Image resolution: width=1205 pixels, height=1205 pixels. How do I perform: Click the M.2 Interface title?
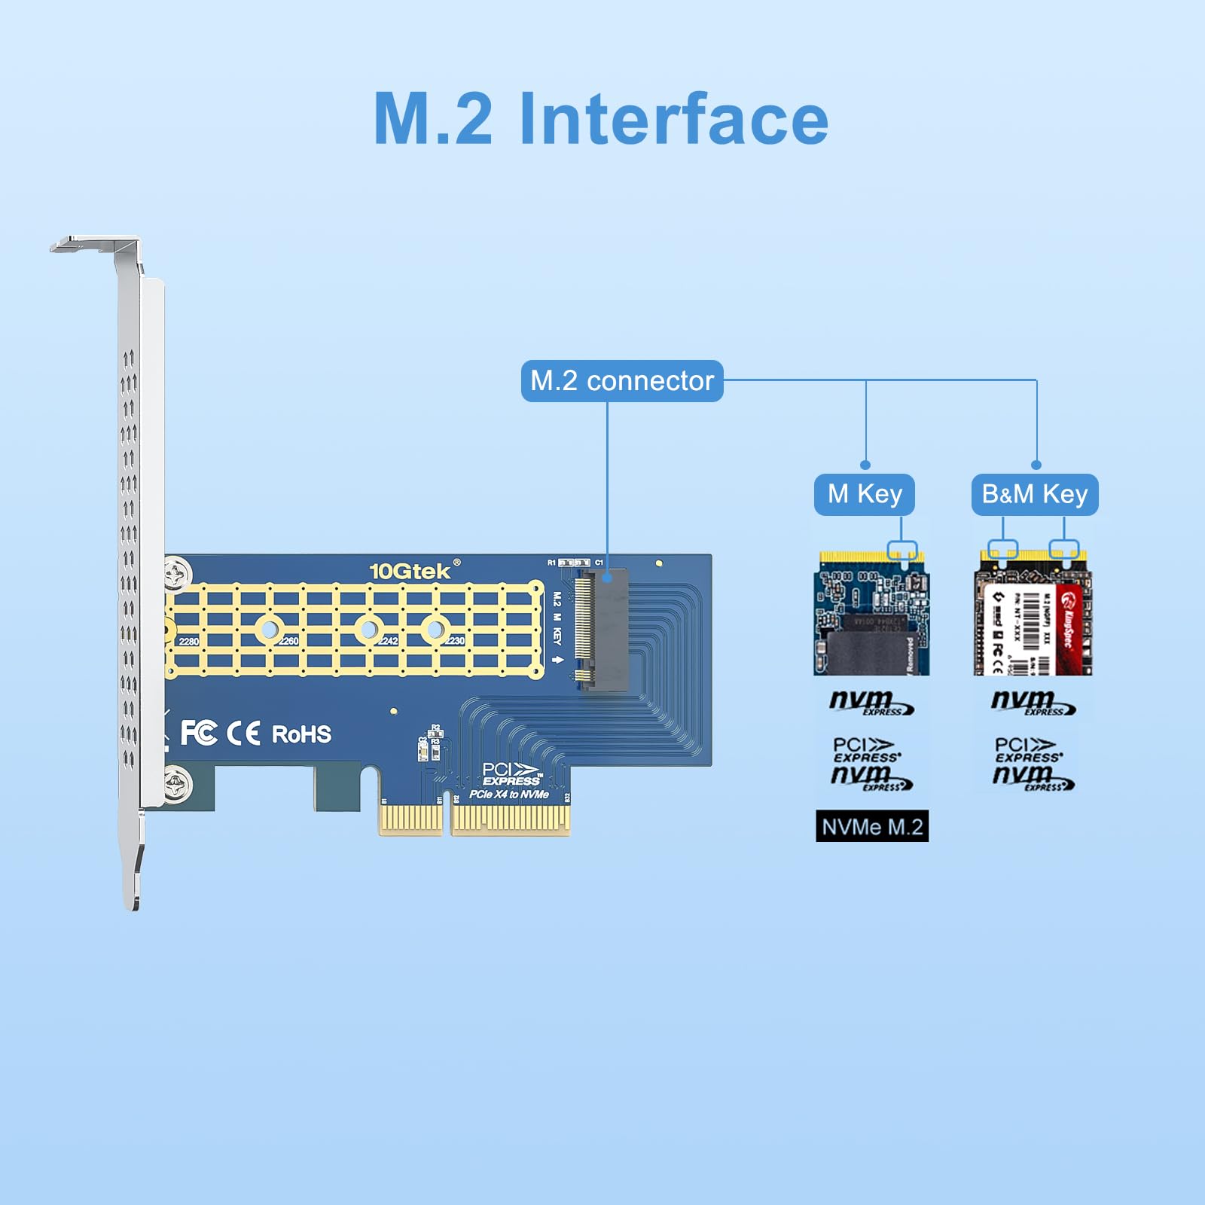[601, 119]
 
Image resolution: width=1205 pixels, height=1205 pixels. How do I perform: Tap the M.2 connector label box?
[622, 381]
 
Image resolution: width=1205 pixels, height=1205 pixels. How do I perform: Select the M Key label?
[865, 495]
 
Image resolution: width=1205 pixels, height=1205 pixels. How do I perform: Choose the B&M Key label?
[1035, 495]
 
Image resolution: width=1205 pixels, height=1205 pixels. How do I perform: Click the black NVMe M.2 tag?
[872, 826]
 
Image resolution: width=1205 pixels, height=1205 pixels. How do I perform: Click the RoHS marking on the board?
[301, 734]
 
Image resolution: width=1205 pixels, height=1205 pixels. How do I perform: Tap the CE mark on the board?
[243, 734]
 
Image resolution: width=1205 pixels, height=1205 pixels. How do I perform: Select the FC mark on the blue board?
[199, 733]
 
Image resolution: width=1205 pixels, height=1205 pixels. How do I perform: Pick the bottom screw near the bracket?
[178, 784]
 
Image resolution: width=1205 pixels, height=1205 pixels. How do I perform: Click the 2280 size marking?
[188, 642]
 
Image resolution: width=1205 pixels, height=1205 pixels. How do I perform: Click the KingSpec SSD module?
[1033, 612]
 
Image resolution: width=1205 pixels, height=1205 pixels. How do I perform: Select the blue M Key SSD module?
[872, 612]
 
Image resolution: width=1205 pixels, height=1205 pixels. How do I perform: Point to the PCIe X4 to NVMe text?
[509, 795]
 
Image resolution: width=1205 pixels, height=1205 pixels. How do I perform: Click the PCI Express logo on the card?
[511, 773]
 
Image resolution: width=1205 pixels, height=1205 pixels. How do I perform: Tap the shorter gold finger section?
[411, 819]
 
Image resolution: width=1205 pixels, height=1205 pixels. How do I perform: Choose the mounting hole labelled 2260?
[270, 629]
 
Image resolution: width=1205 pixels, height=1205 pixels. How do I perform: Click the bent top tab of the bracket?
[83, 244]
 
